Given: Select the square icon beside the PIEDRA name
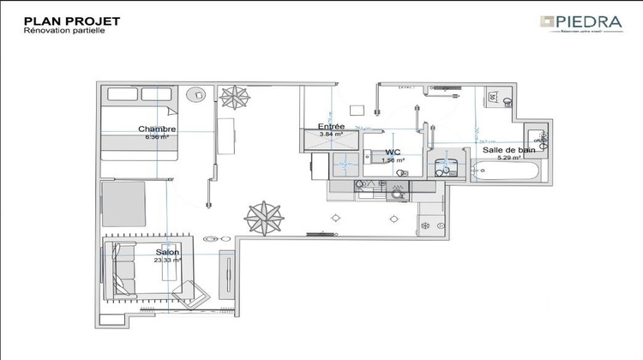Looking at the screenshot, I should (x=545, y=21).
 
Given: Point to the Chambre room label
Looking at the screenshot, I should (x=157, y=129).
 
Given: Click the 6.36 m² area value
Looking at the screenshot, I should (x=157, y=137).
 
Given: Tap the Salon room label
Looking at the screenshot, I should (x=167, y=253).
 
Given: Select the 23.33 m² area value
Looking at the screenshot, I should (x=167, y=261).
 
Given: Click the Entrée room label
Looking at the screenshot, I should (x=331, y=127).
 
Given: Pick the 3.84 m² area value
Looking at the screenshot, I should (x=331, y=135).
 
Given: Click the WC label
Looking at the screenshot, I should (x=394, y=152).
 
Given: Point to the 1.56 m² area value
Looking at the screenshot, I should (x=394, y=160).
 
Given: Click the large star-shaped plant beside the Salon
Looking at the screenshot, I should (x=261, y=218).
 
